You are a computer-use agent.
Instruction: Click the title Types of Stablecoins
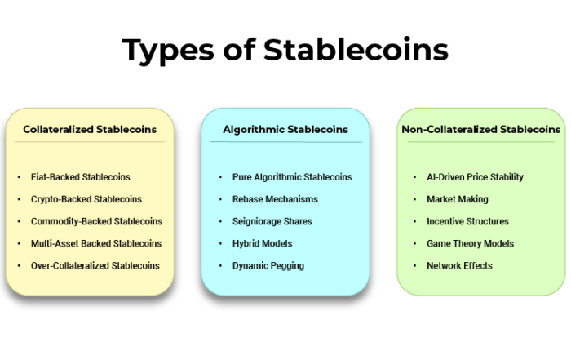coord(285,51)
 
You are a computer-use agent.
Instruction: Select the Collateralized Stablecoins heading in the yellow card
coord(90,129)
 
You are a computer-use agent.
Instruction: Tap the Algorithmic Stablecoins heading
coord(285,130)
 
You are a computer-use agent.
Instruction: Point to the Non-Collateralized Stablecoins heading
coord(480,129)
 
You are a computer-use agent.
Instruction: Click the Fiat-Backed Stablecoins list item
coord(81,177)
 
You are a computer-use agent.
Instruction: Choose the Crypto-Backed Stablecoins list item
coord(86,199)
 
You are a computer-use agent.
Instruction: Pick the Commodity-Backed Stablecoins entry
coord(96,221)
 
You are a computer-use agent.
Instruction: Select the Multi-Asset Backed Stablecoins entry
coord(96,243)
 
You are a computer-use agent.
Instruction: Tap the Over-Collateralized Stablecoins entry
coord(95,265)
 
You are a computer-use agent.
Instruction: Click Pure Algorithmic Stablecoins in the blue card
coord(292,177)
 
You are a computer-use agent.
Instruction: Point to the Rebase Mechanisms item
coord(275,199)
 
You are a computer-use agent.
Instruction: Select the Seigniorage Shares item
coord(272,221)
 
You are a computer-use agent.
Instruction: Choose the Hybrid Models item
coord(262,244)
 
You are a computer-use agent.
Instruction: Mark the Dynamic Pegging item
coord(268,266)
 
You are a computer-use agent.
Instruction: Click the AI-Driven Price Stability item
coord(475,177)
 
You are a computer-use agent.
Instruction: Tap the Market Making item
coord(458,199)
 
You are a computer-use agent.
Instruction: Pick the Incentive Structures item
coord(467,221)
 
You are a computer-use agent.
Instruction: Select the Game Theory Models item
coord(470,244)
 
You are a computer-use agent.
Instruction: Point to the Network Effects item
coord(459,265)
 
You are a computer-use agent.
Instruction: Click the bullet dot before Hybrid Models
coord(220,244)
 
